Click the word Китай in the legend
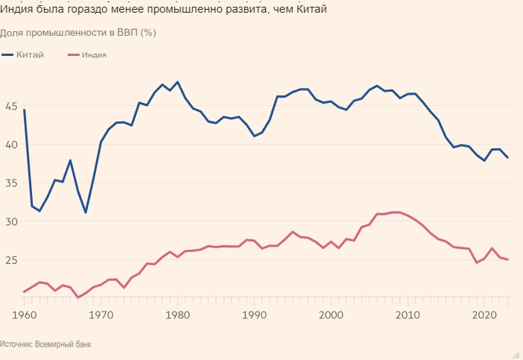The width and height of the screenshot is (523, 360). [x=30, y=55]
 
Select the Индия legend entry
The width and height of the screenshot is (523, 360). [x=93, y=55]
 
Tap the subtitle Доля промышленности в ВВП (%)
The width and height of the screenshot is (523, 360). [x=77, y=34]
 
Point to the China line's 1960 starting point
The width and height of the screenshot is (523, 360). [x=24, y=110]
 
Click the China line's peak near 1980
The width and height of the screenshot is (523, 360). [x=177, y=82]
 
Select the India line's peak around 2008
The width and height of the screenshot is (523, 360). [x=395, y=212]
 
